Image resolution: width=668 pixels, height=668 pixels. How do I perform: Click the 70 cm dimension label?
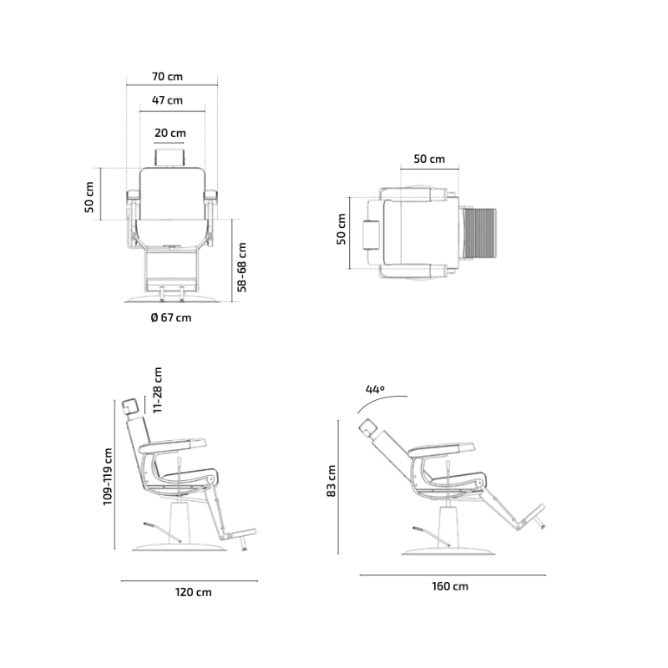tap(167, 77)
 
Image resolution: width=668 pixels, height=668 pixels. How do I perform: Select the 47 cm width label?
tap(167, 100)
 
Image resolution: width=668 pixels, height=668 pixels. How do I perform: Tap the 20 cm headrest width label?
tap(170, 134)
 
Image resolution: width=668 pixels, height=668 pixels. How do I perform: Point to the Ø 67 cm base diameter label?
tap(171, 318)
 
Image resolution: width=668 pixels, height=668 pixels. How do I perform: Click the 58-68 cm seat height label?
tap(242, 267)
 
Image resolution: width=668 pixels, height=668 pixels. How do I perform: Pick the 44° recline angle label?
tap(375, 389)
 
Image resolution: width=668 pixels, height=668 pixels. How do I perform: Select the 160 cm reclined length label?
tap(450, 587)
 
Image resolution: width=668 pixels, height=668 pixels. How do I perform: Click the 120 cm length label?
tap(193, 593)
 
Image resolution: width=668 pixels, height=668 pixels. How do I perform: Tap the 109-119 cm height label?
tap(108, 477)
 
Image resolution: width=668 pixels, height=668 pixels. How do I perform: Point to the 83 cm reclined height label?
tap(331, 481)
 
